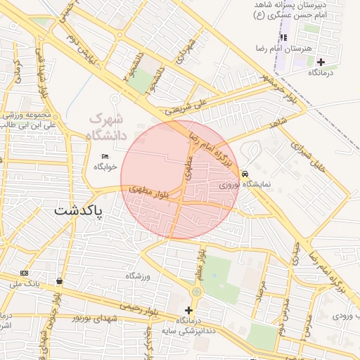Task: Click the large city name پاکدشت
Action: [78, 210]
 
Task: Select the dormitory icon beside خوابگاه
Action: [105, 157]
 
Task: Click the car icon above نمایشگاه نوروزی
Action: [244, 174]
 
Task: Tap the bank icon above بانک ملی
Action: [25, 273]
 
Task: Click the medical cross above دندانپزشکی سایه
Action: [188, 310]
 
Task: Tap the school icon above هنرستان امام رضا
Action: [283, 37]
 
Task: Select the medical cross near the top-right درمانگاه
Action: [321, 62]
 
